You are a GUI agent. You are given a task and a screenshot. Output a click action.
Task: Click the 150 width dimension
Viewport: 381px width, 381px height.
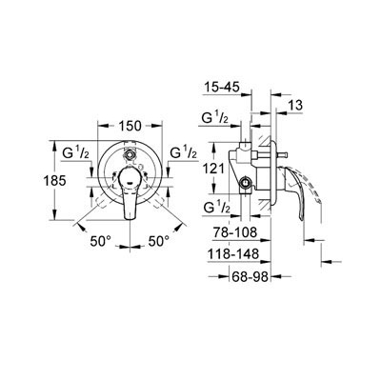pos(130,126)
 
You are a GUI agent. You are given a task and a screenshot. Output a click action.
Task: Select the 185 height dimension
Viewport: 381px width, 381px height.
pos(54,181)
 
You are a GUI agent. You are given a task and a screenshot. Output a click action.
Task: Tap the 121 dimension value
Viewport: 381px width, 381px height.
pos(213,169)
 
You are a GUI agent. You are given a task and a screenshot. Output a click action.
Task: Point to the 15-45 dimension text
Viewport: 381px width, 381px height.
pos(221,87)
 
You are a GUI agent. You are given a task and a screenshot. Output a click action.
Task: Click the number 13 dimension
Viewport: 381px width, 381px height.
pos(295,105)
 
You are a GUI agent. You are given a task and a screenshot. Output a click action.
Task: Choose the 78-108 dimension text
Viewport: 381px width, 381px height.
pos(235,232)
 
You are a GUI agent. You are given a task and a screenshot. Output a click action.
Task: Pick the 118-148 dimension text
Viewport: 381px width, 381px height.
pos(233,254)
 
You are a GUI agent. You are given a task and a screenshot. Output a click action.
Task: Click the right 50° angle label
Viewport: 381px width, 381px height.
pos(159,241)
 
